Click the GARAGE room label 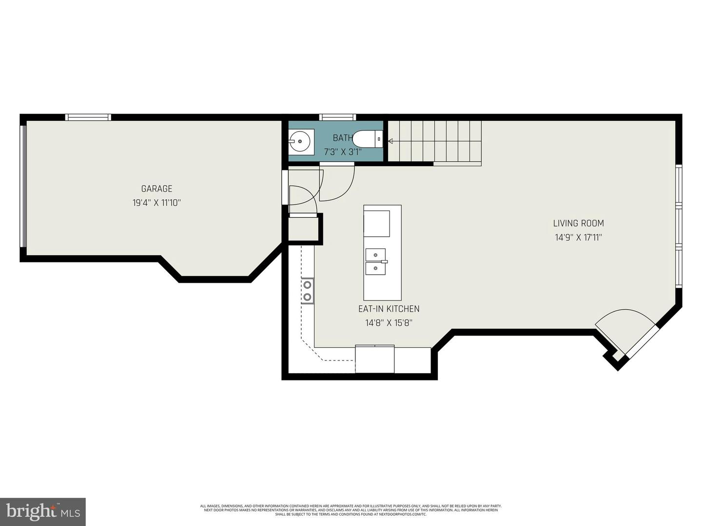[x=156, y=189]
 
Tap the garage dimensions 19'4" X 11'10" [x=156, y=203]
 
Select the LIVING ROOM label [x=578, y=224]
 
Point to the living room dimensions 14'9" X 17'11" [x=578, y=238]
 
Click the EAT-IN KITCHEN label [x=389, y=309]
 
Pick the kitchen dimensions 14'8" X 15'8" [x=389, y=323]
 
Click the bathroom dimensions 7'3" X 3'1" [x=343, y=152]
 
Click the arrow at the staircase [x=390, y=141]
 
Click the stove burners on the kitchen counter [x=308, y=291]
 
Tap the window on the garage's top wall [x=88, y=117]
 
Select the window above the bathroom [x=337, y=117]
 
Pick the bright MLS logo [x=42, y=511]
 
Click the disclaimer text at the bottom [x=351, y=510]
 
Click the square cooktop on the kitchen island [x=377, y=224]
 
